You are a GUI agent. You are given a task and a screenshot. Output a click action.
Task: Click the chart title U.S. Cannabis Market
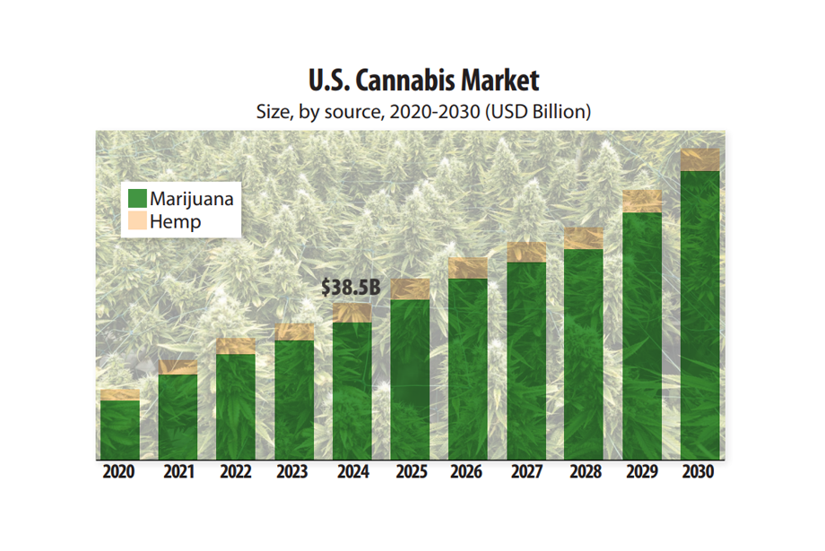point(424,81)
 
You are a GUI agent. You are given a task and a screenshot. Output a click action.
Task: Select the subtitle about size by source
point(424,113)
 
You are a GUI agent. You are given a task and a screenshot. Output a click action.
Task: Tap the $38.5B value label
point(351,288)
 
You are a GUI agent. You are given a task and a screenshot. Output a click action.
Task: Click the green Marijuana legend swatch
point(137,198)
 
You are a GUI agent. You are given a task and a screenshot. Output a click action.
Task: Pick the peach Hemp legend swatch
point(137,221)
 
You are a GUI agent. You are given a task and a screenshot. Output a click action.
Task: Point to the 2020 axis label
point(118,472)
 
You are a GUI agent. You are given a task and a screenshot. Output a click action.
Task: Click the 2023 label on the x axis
point(293,472)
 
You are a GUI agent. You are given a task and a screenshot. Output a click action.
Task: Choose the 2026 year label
point(467,472)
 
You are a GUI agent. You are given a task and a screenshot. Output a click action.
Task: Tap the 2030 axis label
point(699,472)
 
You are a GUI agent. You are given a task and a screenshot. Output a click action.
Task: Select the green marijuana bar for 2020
point(119,430)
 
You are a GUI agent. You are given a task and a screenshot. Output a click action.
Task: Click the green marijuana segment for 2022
point(236,408)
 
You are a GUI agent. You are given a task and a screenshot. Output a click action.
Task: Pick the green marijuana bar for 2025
point(410,381)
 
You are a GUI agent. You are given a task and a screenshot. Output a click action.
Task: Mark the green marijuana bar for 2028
point(584,355)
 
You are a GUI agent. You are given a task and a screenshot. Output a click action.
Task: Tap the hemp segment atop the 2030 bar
point(700,159)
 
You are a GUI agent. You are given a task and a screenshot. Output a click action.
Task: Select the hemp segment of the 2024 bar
point(352,313)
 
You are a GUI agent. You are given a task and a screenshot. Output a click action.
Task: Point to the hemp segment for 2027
point(526,252)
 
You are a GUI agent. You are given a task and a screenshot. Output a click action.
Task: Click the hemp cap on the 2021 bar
point(178,367)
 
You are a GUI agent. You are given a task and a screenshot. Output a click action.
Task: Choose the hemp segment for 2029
point(642,202)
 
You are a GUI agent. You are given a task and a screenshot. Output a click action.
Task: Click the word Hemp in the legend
point(176,221)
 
